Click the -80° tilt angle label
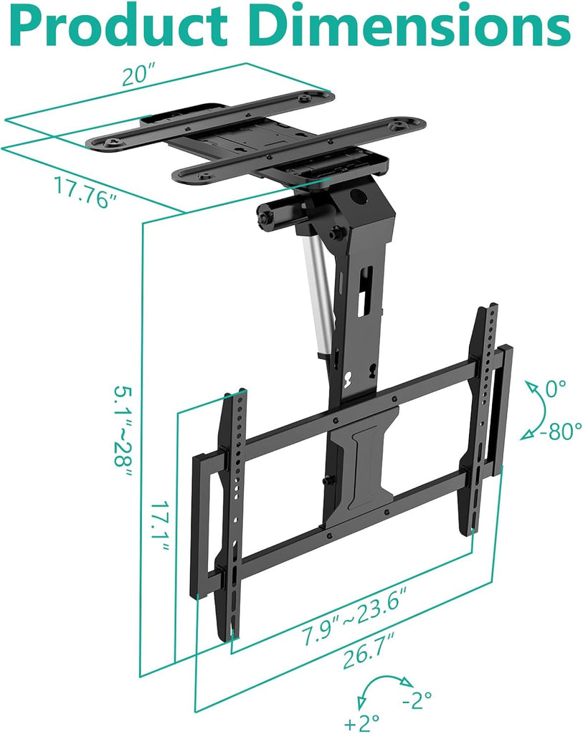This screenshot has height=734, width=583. click(x=561, y=432)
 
